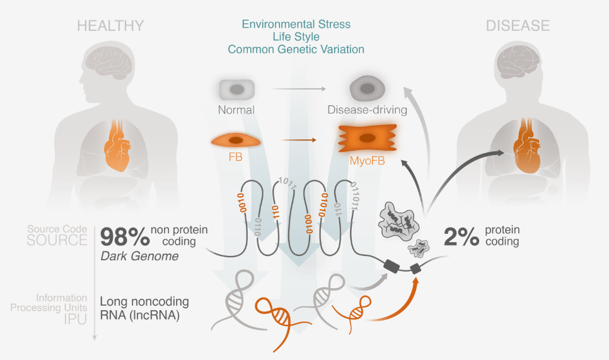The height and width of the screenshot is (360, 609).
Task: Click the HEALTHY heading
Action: click(x=110, y=26)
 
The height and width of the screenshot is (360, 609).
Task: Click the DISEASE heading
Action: click(x=518, y=26)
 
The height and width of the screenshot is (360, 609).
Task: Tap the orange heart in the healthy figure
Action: click(x=118, y=147)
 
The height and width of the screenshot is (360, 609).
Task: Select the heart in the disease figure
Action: click(x=525, y=147)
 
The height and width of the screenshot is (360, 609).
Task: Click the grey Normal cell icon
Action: click(x=236, y=90)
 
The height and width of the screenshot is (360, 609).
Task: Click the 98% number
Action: click(x=124, y=237)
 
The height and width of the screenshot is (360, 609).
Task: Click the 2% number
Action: click(x=462, y=236)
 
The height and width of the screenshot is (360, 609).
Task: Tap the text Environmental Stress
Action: click(x=296, y=25)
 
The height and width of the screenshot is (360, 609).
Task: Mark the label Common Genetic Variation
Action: click(x=296, y=49)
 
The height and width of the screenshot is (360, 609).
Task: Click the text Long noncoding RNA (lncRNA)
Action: click(x=144, y=309)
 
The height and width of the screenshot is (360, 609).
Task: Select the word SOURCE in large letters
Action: click(x=57, y=240)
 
